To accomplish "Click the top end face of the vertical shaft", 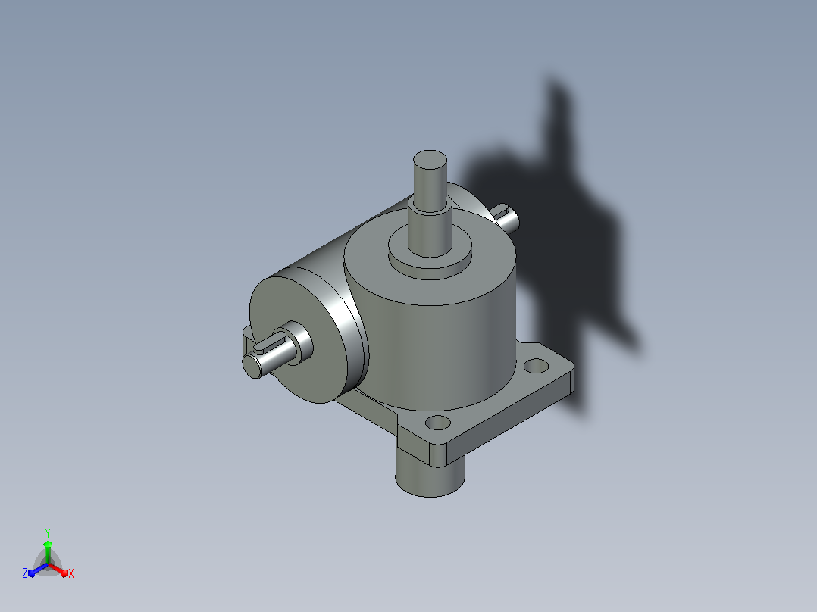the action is pos(430,160).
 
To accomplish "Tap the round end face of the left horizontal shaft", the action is pos(252,366).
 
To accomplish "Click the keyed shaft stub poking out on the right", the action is pos(506,217).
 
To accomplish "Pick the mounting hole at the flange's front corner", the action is pos(438,422).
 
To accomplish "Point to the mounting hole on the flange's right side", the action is pos(536,366).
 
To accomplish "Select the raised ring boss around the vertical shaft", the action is pos(430,255).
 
